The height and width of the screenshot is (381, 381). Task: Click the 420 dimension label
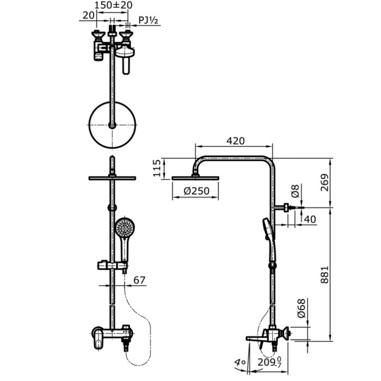click(236, 141)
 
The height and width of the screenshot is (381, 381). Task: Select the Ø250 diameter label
click(196, 191)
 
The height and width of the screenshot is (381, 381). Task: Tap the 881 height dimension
click(324, 274)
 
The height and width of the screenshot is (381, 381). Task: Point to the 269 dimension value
click(324, 182)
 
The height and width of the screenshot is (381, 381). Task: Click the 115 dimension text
click(157, 168)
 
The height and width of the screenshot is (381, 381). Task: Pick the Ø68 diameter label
click(302, 309)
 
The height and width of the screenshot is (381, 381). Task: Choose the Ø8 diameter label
click(295, 191)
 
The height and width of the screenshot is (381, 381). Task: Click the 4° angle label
click(240, 362)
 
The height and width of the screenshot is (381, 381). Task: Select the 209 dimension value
click(267, 362)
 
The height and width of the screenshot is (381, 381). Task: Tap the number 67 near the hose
click(139, 280)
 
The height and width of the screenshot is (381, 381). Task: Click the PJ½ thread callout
click(148, 20)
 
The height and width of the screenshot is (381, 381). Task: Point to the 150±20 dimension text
click(113, 5)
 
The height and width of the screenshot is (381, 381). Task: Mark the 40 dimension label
click(310, 219)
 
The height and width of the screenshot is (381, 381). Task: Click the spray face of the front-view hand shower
click(125, 228)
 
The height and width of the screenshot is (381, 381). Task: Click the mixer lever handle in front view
click(97, 338)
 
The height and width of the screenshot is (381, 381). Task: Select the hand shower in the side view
click(269, 241)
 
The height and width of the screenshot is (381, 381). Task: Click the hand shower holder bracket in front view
click(112, 266)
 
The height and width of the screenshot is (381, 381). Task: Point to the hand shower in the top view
click(125, 60)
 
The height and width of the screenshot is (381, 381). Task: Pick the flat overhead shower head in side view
click(195, 178)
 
